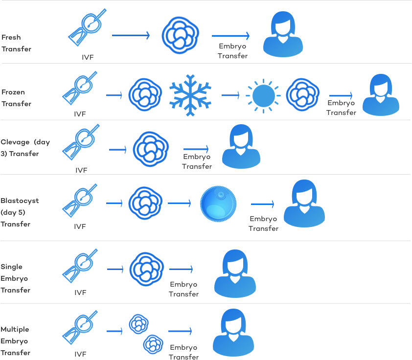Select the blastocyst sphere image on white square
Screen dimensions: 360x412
[217, 203]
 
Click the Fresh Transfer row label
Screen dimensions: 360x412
[16, 43]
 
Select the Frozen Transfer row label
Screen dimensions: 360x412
[16, 98]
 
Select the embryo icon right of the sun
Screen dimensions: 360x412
[303, 94]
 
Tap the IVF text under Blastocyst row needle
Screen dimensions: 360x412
[80, 226]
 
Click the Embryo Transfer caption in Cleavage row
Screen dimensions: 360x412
[197, 161]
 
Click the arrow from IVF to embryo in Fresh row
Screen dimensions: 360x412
[131, 35]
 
